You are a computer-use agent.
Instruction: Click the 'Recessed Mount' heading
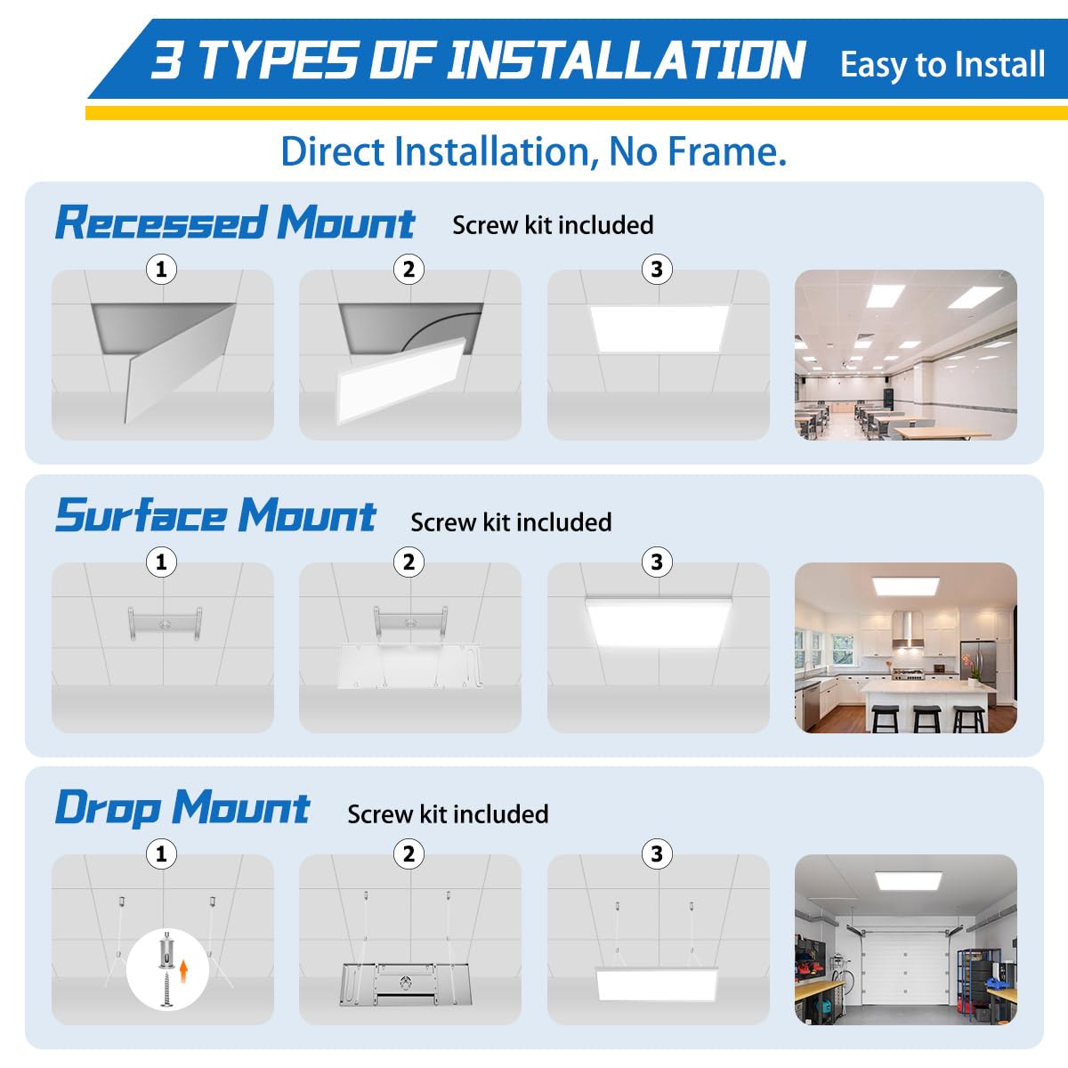(x=234, y=222)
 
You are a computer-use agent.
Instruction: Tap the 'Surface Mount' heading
(x=215, y=516)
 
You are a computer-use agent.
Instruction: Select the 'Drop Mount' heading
(x=182, y=808)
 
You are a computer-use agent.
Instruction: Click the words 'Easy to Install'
(x=942, y=65)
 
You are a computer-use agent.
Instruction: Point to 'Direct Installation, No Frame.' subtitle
(x=533, y=151)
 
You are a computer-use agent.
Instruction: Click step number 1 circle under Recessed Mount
(x=161, y=269)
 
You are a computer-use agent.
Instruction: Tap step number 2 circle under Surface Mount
(x=409, y=562)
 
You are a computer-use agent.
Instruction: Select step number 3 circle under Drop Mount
(x=657, y=854)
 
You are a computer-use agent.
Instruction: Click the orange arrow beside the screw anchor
(x=184, y=969)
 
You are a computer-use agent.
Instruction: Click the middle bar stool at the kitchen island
(x=926, y=717)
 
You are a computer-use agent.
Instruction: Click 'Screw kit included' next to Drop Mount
(x=448, y=814)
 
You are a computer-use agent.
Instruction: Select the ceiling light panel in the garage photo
(x=908, y=878)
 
